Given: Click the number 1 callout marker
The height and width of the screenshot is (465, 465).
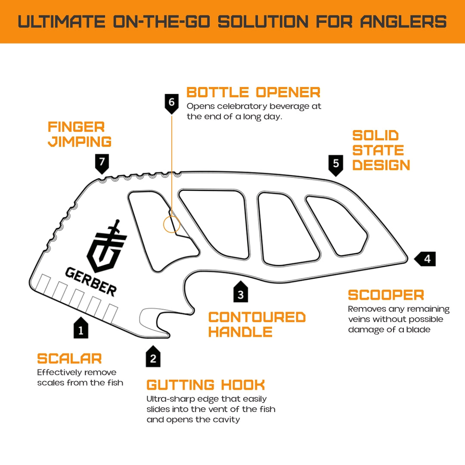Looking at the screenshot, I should [81, 329].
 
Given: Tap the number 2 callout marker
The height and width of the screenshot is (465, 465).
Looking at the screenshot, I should [153, 357].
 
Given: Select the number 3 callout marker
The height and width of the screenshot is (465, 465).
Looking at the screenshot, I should [241, 293].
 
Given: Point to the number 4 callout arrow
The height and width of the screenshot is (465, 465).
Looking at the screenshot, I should [425, 259].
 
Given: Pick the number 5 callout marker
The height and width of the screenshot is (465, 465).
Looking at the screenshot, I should [336, 164].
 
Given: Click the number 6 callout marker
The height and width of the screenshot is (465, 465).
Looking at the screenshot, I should [172, 103].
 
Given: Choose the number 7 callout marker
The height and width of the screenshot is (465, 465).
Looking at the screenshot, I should [102, 163].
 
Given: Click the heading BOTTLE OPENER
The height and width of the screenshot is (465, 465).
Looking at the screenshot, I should [253, 92].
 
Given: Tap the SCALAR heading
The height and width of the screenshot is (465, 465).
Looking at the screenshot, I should [69, 358].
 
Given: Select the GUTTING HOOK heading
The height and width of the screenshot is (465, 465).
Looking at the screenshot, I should [206, 384].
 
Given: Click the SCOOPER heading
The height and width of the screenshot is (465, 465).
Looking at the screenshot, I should [386, 295].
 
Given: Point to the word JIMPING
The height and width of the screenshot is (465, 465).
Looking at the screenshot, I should [80, 142].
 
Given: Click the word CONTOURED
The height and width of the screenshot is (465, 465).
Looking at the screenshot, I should [257, 317].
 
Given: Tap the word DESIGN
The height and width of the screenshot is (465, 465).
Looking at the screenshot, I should [381, 165].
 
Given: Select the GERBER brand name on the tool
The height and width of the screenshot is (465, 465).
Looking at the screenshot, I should [91, 281].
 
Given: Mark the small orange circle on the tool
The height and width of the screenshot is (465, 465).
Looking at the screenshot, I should [171, 224].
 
